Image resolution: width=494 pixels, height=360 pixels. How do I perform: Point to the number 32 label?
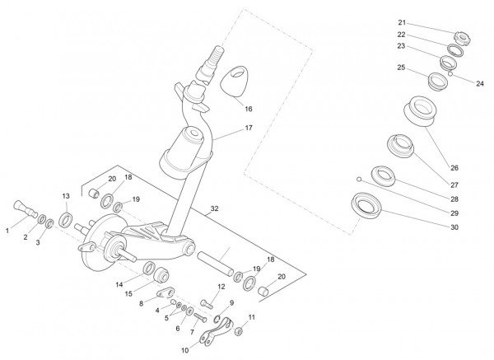point(215,209)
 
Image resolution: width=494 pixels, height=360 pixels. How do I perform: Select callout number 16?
point(248,108)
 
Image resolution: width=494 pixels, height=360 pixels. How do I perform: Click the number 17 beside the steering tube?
point(248,129)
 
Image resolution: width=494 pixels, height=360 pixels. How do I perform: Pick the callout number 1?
point(8,231)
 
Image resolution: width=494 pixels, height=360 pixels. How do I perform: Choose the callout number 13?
point(66,195)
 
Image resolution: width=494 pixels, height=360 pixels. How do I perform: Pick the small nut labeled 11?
point(237,331)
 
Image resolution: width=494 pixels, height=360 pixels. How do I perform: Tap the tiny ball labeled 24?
point(452,72)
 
